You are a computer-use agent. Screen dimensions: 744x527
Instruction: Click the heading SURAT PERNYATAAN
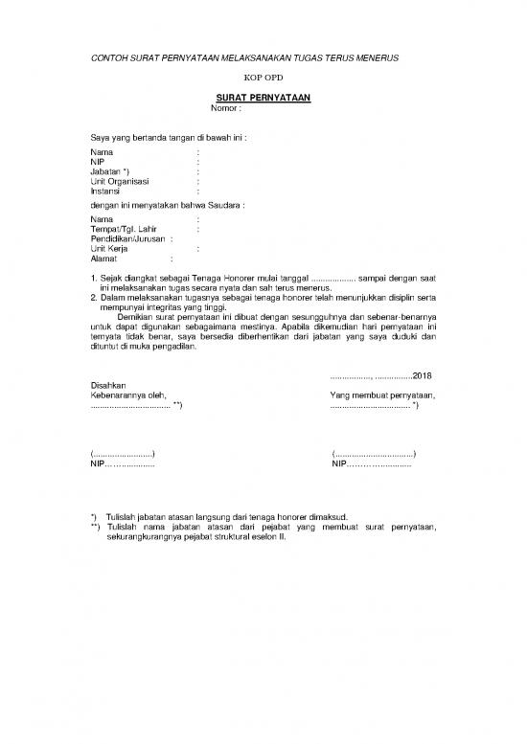(263, 98)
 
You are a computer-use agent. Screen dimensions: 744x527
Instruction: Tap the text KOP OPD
(263, 77)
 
